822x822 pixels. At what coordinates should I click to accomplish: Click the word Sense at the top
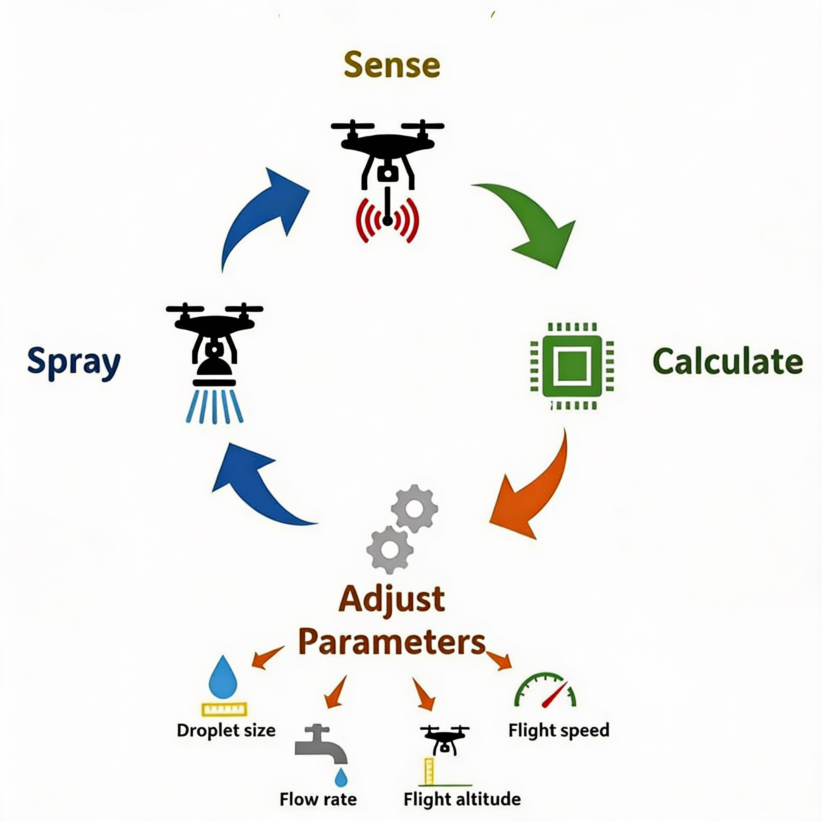coord(391,65)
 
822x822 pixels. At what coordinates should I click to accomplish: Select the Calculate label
coord(727,362)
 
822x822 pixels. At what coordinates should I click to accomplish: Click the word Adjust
coord(391,599)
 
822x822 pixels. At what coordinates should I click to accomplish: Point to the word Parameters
coord(391,642)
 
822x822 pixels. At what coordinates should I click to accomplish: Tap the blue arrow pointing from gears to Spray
coord(255,485)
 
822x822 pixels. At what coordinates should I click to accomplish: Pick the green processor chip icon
coord(572,366)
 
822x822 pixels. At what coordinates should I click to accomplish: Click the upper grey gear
coord(414,509)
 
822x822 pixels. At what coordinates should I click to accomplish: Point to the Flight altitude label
coord(462,799)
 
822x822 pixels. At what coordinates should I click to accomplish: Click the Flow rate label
coord(318,799)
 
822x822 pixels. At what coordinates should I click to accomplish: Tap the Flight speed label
coord(559,730)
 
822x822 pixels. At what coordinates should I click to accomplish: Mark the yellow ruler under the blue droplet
coord(224,709)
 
